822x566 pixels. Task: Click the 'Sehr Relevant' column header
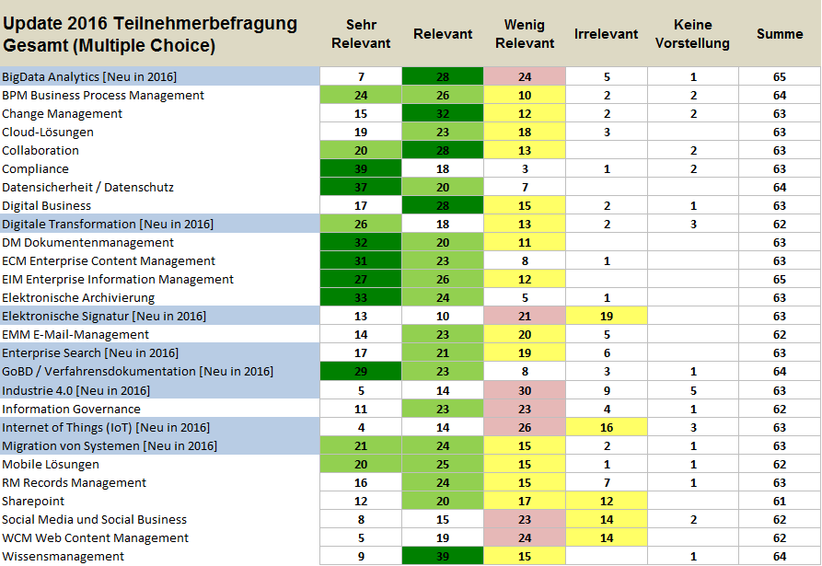[361, 34]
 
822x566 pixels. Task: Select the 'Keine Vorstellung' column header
[692, 34]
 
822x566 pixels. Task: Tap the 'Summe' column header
[780, 34]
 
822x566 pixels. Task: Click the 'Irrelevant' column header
[606, 34]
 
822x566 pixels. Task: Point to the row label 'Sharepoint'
[33, 501]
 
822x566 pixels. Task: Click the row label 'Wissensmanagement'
[63, 556]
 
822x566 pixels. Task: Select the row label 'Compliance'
[35, 168]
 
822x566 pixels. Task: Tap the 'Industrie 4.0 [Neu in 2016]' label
[75, 390]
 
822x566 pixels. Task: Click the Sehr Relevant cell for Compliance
[361, 168]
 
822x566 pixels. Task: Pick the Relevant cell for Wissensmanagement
[443, 556]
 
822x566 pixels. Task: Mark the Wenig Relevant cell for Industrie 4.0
[525, 390]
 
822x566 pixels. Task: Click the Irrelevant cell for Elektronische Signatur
[606, 316]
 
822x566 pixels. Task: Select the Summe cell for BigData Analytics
[780, 76]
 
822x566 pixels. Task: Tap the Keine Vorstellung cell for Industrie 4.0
[692, 390]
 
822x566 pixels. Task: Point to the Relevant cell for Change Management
[443, 113]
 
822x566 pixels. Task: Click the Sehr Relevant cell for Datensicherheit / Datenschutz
[361, 187]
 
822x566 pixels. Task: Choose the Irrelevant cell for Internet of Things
[606, 427]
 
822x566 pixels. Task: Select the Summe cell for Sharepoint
[780, 501]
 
